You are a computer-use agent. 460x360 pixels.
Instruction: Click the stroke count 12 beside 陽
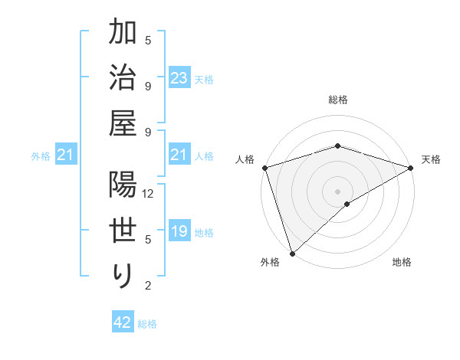click(149, 194)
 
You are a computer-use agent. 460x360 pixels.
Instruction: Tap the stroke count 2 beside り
click(149, 286)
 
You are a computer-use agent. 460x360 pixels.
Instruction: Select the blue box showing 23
click(179, 77)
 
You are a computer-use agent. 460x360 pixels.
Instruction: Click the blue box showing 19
click(179, 231)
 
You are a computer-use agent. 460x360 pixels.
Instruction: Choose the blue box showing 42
click(123, 322)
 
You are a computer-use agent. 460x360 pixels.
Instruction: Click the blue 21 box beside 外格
click(65, 155)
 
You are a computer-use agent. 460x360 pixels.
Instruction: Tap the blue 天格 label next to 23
click(204, 79)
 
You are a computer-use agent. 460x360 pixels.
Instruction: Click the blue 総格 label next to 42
click(147, 324)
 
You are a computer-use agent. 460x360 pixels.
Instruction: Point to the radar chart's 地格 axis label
click(402, 262)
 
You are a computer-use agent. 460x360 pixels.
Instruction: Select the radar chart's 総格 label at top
click(337, 100)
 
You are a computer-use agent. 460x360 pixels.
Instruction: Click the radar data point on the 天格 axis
click(411, 167)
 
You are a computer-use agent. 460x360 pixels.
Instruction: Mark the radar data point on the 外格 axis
click(292, 254)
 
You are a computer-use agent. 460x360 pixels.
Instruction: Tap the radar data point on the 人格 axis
click(264, 167)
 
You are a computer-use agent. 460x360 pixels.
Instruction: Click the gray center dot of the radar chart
click(337, 191)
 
